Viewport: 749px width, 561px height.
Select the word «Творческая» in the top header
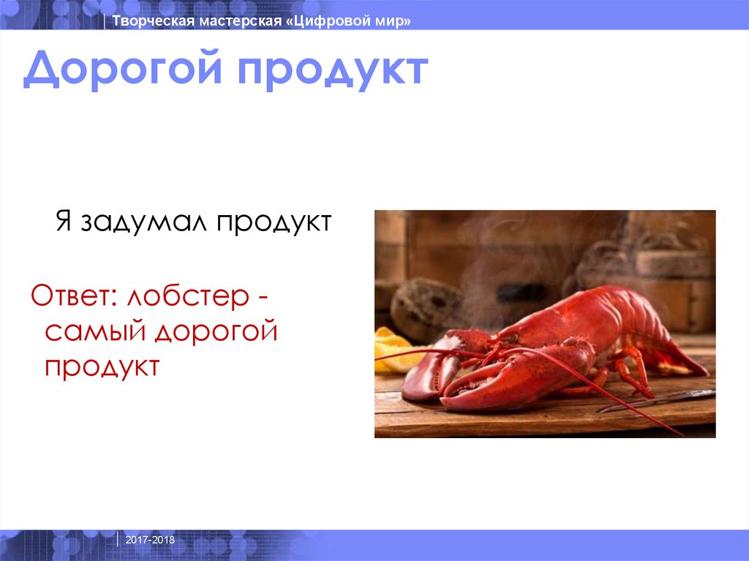pos(152,22)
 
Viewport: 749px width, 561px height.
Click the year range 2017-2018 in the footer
pos(150,540)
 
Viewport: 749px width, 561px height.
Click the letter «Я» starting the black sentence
pos(63,221)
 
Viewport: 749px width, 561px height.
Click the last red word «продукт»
pos(102,366)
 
